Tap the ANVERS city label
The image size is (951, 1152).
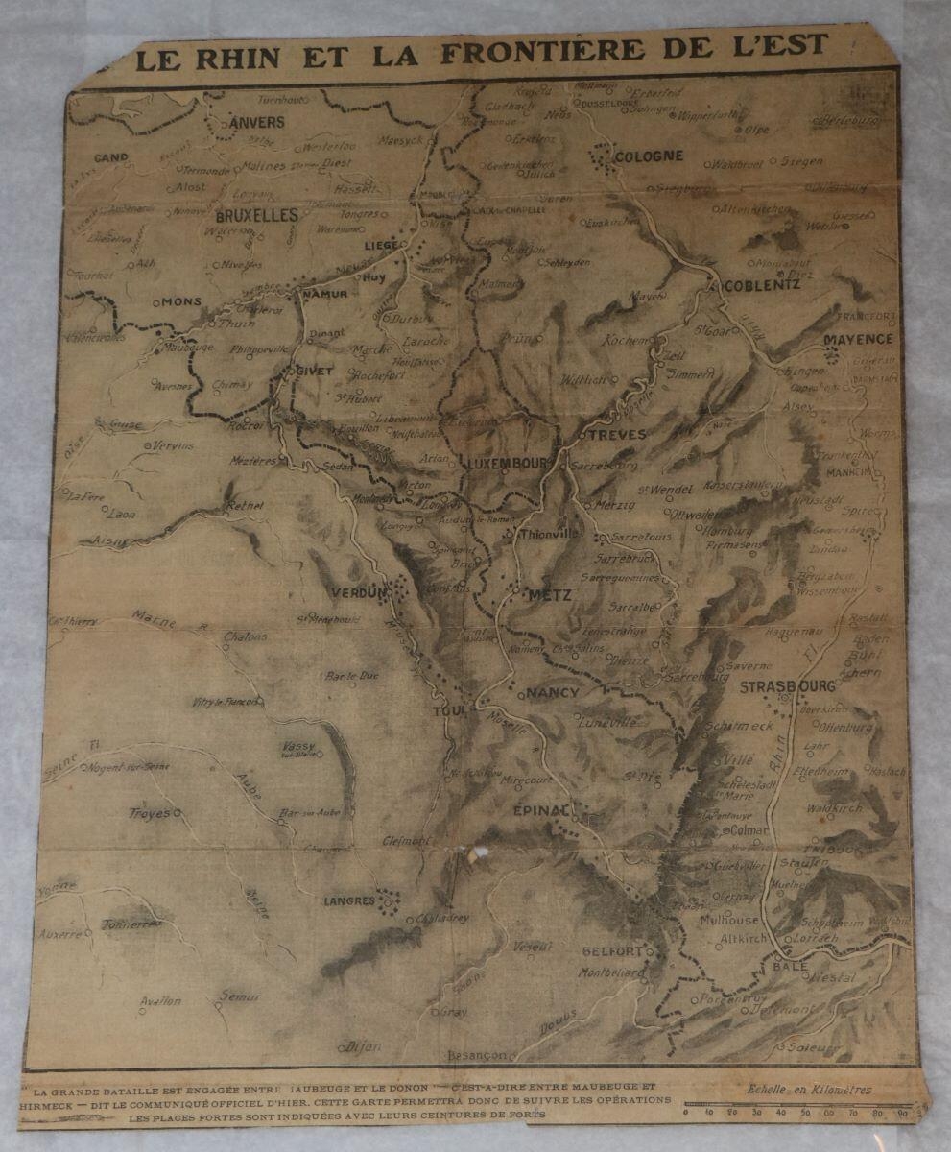coord(257,123)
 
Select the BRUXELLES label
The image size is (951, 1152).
coord(257,216)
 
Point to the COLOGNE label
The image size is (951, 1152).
coord(649,156)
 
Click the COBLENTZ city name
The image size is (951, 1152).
coord(763,285)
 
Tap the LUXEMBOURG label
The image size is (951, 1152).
coord(508,463)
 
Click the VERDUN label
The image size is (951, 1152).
coord(358,592)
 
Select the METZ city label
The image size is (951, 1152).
coord(550,595)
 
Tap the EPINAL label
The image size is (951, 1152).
coord(541,811)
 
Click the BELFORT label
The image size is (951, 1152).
coord(612,950)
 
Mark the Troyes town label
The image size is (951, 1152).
coord(149,814)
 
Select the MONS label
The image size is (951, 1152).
coord(180,301)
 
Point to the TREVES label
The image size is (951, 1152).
coord(616,434)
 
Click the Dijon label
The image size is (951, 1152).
coord(363,1045)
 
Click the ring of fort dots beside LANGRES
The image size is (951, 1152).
coord(388,902)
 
